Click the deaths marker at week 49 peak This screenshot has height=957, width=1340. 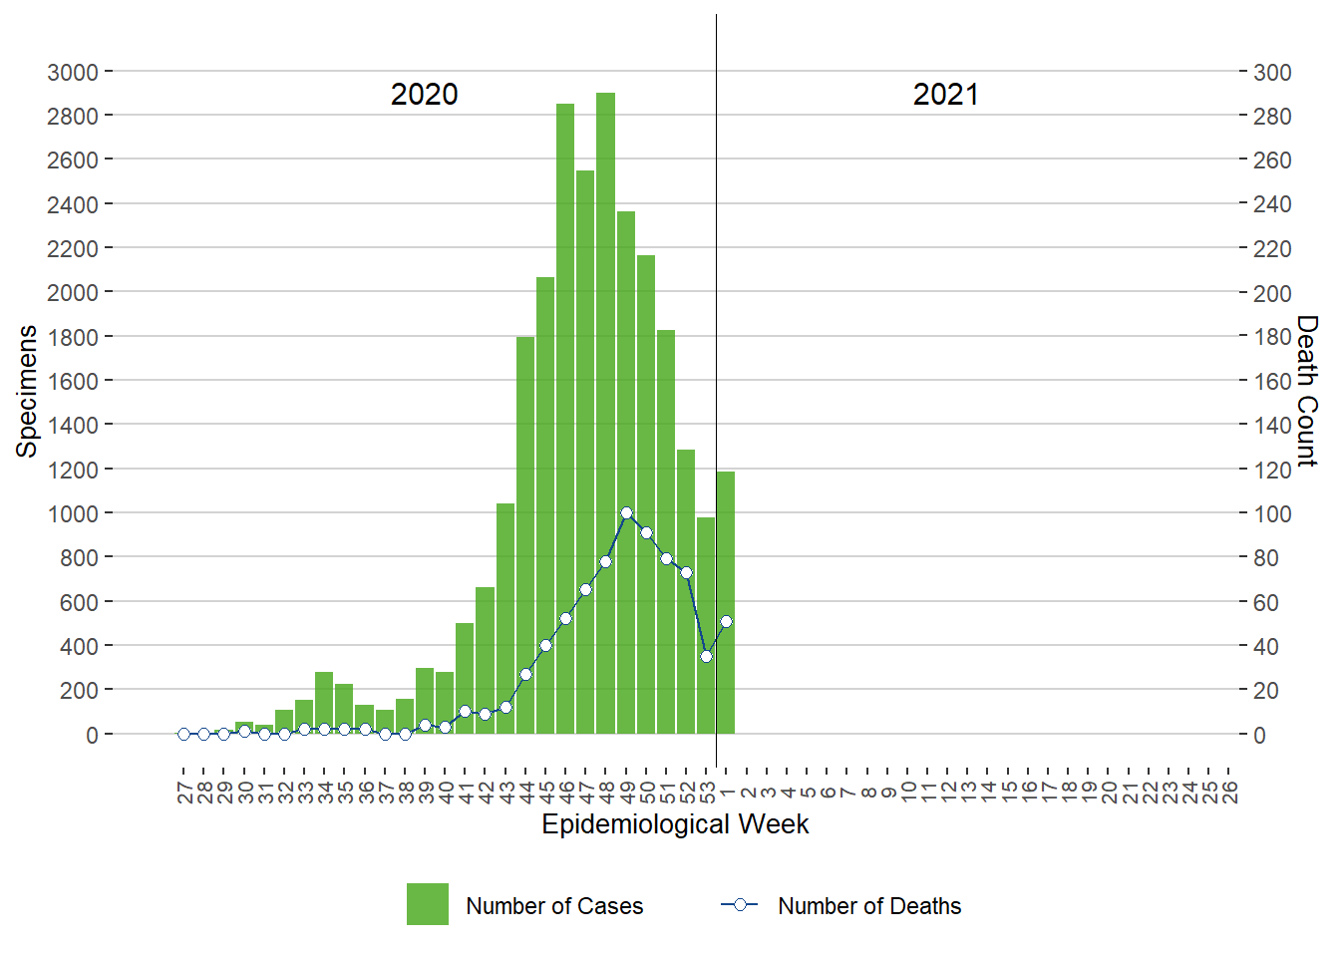[626, 513]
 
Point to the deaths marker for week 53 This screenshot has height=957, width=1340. [706, 656]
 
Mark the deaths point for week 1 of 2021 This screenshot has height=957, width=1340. [726, 621]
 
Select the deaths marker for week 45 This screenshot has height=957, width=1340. [545, 645]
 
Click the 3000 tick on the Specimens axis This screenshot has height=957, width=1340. [73, 72]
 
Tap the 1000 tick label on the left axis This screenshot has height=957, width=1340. [73, 513]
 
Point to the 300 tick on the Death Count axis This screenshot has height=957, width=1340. [1272, 72]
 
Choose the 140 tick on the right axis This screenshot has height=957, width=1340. [1272, 425]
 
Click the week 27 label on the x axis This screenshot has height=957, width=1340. [184, 793]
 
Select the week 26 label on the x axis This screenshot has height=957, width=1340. [1229, 793]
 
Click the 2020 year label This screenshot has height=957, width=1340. [424, 95]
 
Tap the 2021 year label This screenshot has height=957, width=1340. [945, 95]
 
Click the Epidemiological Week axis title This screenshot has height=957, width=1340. [675, 824]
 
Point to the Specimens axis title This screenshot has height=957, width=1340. [27, 391]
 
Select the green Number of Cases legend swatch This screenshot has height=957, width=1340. [427, 904]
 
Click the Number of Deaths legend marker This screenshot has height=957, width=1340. [740, 904]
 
